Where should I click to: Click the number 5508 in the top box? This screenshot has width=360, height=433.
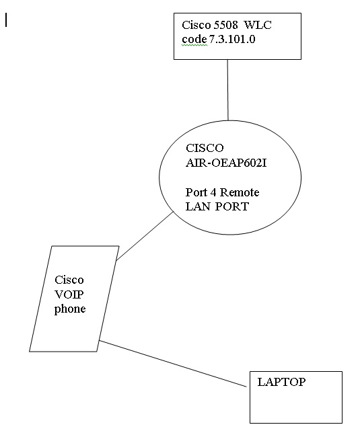click(x=225, y=25)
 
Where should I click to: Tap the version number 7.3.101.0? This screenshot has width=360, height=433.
click(x=231, y=39)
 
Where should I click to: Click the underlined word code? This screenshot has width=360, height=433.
click(x=194, y=39)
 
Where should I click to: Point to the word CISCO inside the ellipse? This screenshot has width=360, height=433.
click(x=205, y=148)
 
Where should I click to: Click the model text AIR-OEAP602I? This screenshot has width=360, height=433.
click(x=226, y=163)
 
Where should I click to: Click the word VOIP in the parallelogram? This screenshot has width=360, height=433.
click(x=69, y=294)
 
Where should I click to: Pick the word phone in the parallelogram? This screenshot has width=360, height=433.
click(x=70, y=309)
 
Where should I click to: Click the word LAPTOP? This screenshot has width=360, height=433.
click(x=281, y=382)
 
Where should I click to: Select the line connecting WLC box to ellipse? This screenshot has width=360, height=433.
click(x=228, y=90)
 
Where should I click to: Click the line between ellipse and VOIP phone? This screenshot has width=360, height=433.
click(x=145, y=236)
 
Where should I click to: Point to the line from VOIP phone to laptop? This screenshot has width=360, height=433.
click(x=173, y=364)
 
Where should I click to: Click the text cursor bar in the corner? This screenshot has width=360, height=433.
click(x=6, y=20)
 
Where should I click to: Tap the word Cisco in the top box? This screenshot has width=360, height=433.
click(x=196, y=25)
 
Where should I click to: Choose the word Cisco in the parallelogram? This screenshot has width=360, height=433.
click(x=69, y=280)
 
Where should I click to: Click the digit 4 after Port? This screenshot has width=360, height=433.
click(x=213, y=192)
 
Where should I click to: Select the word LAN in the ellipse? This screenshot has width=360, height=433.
click(x=198, y=206)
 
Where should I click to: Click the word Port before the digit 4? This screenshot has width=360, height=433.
click(x=196, y=192)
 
